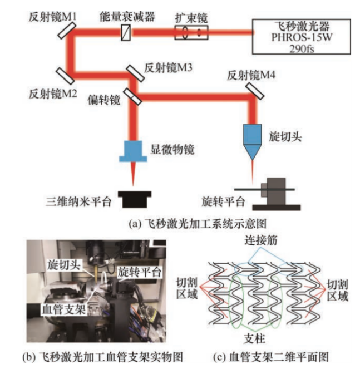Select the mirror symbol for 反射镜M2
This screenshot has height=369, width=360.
click(63, 73)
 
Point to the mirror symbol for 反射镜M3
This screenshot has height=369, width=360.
click(134, 73)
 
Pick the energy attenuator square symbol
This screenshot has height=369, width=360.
click(127, 33)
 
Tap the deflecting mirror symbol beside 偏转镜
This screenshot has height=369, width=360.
click(134, 95)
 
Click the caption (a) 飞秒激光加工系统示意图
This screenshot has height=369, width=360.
click(180, 223)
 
